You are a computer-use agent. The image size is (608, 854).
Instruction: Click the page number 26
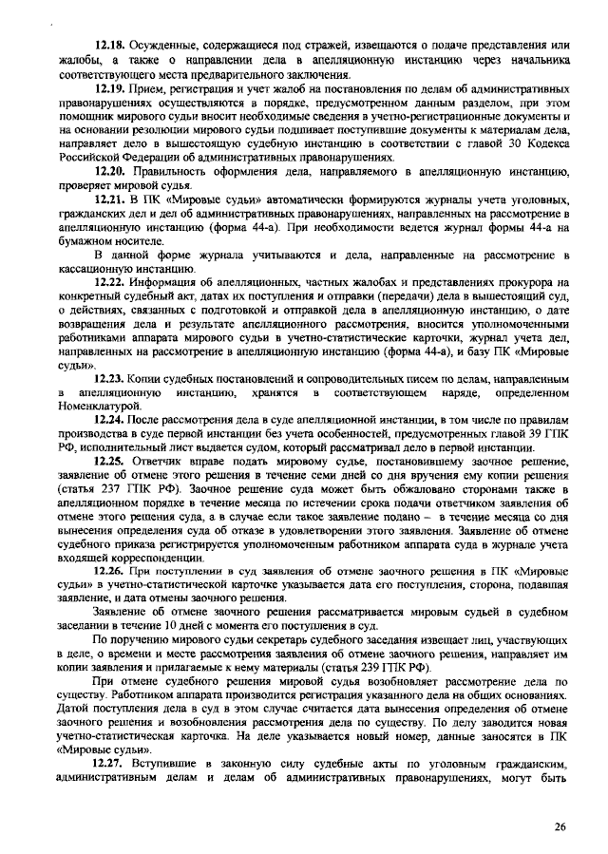[x=560, y=826]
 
